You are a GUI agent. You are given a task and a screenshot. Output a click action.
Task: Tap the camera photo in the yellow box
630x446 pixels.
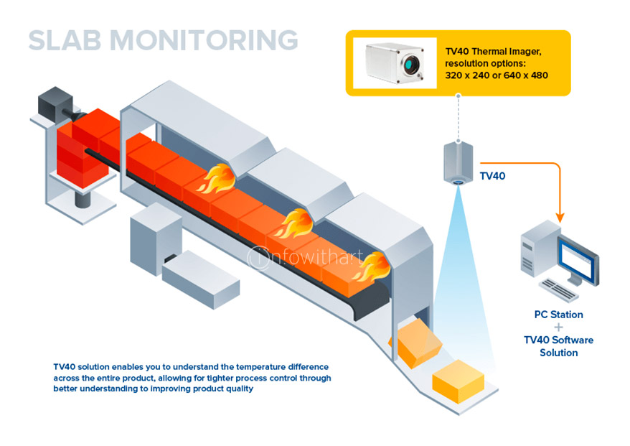coord(398,63)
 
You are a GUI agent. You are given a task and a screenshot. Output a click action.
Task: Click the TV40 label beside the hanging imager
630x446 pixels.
coord(492,175)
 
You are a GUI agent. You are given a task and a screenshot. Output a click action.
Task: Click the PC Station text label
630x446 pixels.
coord(558,315)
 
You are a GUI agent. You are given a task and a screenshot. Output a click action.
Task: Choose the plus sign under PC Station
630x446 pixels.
coord(558,327)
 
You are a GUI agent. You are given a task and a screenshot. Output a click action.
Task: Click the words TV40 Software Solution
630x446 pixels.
coord(558,346)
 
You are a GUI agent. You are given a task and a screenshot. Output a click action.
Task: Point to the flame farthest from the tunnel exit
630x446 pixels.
coord(214,180)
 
